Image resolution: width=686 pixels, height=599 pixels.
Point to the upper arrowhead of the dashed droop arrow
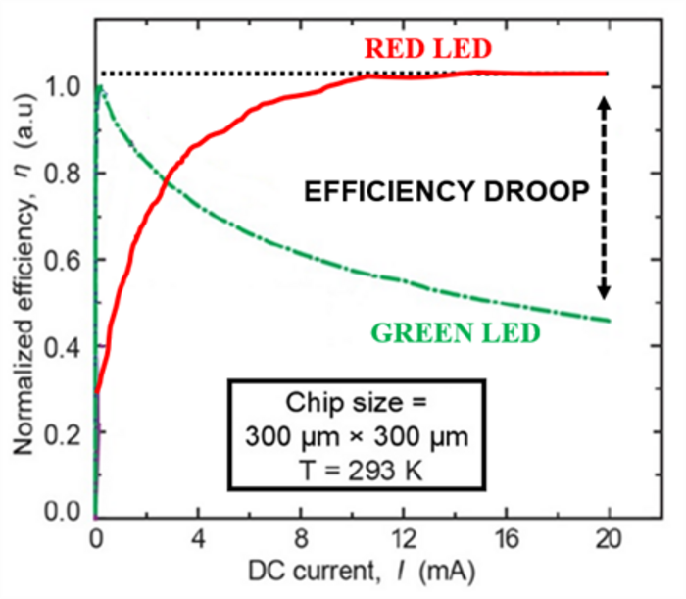[x=605, y=100]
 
